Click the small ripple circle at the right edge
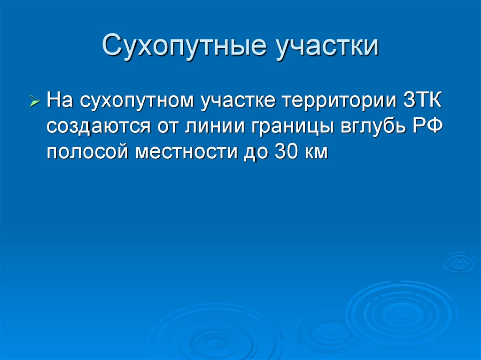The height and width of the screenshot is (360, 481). [459, 262]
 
